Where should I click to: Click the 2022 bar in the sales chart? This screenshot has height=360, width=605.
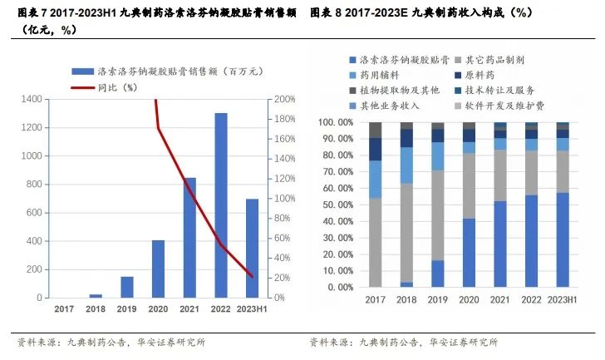pyautogui.click(x=221, y=205)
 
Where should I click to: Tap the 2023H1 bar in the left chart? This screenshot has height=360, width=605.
pyautogui.click(x=252, y=248)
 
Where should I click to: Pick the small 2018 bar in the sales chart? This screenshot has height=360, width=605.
pyautogui.click(x=96, y=295)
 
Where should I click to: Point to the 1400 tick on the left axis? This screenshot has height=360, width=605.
pyautogui.click(x=31, y=99)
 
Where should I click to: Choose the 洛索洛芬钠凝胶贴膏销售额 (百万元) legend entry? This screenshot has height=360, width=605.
pyautogui.click(x=155, y=71)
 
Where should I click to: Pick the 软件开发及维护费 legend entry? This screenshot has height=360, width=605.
pyautogui.click(x=499, y=106)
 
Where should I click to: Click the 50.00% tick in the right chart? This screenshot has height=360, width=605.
pyautogui.click(x=332, y=205)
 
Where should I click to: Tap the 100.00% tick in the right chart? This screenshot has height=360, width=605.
pyautogui.click(x=330, y=122)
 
